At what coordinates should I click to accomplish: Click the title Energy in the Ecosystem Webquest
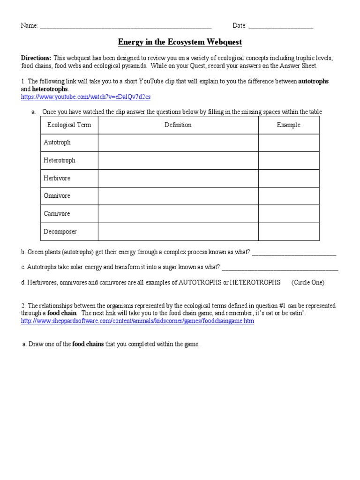180,42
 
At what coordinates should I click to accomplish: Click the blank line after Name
126,26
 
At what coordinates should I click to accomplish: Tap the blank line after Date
281,26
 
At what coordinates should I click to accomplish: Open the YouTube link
86,97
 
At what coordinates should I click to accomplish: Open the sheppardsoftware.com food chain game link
137,322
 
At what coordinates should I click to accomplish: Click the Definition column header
178,125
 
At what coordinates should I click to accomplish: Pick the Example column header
288,125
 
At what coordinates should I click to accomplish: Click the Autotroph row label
57,142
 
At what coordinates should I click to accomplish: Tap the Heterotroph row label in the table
60,160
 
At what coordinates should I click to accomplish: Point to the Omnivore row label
57,196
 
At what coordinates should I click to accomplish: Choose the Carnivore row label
57,214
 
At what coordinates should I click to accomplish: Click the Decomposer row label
60,232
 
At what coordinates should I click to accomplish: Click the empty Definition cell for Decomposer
178,232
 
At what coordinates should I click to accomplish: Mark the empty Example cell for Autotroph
288,142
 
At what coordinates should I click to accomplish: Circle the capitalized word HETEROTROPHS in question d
255,283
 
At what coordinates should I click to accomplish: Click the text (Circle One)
307,283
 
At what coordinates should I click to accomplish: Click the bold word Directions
36,58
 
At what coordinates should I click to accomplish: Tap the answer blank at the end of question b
294,253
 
